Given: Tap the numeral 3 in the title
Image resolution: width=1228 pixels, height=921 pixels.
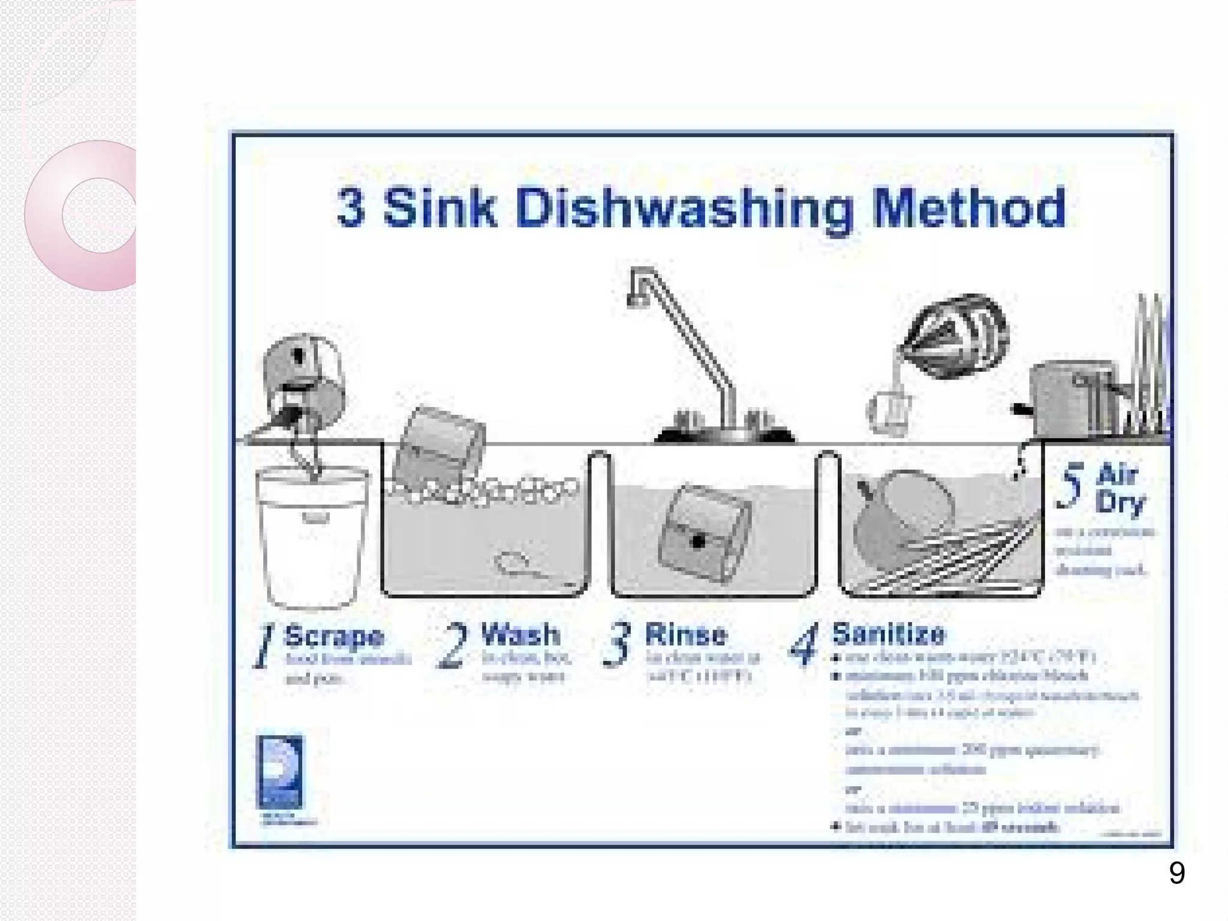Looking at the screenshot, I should pyautogui.click(x=351, y=208).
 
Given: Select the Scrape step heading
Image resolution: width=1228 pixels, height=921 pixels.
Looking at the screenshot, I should pyautogui.click(x=334, y=636).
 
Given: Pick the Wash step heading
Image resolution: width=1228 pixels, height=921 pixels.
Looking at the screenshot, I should pyautogui.click(x=520, y=634).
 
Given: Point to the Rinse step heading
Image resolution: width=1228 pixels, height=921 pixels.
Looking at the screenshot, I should pyautogui.click(x=685, y=634).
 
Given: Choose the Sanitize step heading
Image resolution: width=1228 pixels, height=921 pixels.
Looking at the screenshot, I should pyautogui.click(x=888, y=633).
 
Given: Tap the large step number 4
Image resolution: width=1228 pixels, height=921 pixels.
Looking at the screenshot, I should pyautogui.click(x=804, y=645).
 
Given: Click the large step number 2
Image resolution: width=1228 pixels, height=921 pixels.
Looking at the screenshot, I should pyautogui.click(x=454, y=646).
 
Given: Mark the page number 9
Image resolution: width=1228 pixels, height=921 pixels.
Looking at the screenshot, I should pyautogui.click(x=1176, y=873).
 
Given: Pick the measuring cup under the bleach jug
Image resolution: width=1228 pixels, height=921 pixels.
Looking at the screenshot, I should pyautogui.click(x=889, y=413).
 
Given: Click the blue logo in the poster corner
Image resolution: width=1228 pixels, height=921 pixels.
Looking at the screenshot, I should pyautogui.click(x=280, y=772).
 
